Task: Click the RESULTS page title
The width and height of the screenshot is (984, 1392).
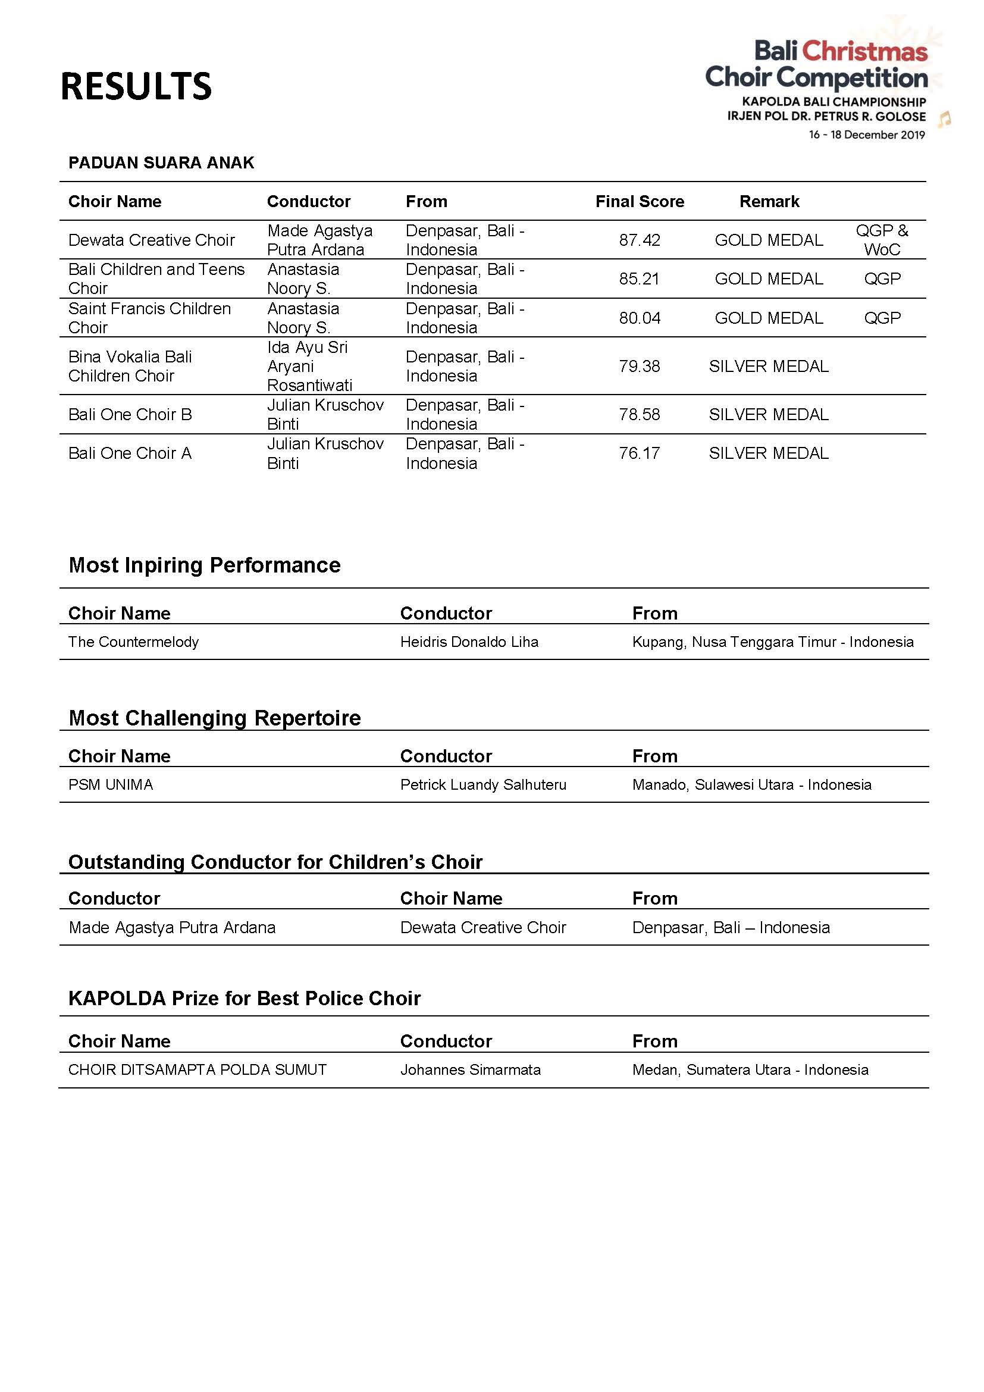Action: tap(136, 86)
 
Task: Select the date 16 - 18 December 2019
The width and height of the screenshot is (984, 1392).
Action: tap(866, 135)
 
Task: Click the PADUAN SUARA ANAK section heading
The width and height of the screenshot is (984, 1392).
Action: tap(161, 162)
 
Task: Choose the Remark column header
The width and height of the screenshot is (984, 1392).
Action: tap(769, 201)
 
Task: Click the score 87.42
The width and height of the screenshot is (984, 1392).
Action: tap(639, 240)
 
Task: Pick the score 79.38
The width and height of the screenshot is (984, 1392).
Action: tap(639, 366)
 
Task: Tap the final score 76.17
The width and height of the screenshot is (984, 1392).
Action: tap(639, 453)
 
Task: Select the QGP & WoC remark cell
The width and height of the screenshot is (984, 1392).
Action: tap(882, 240)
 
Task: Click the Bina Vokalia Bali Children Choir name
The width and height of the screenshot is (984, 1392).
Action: tap(130, 366)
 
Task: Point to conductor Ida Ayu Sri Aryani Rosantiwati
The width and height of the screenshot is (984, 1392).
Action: tap(309, 366)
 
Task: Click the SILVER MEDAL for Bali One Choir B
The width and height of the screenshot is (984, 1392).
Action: tap(768, 415)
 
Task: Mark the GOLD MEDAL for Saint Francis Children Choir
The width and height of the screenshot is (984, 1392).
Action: tap(768, 318)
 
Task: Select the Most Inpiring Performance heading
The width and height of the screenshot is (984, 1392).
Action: tap(205, 565)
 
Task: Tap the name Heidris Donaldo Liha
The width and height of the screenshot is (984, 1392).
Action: tap(469, 642)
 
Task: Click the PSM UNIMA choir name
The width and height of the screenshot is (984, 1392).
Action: tap(111, 785)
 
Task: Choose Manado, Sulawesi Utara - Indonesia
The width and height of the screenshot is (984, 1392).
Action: tap(751, 785)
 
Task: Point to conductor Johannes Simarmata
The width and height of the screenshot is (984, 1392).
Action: tap(470, 1070)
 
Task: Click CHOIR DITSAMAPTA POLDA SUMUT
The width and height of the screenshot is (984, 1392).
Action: tap(198, 1070)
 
